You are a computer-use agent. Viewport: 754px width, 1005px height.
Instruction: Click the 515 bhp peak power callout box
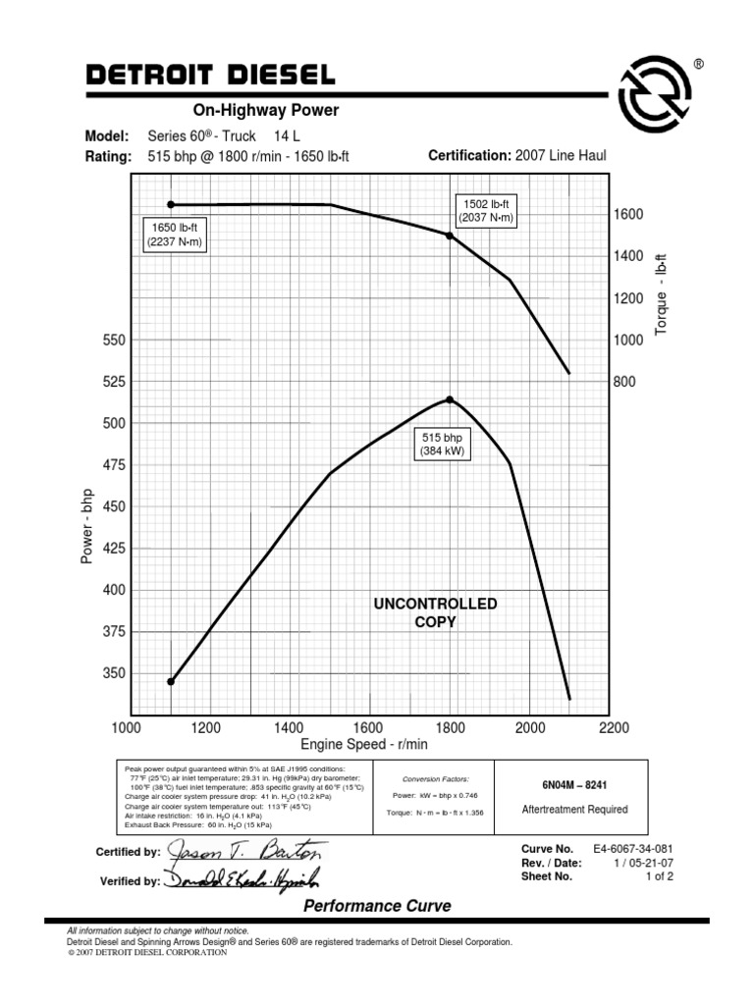[x=442, y=444]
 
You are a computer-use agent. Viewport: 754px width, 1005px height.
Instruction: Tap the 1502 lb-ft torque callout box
[x=485, y=210]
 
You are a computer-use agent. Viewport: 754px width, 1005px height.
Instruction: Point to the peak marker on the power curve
[x=450, y=399]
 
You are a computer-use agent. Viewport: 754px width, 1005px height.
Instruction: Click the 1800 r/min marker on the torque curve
[x=450, y=236]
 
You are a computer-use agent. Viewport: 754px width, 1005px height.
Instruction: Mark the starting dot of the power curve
[x=171, y=681]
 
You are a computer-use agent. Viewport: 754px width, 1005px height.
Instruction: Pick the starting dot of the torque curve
[x=171, y=204]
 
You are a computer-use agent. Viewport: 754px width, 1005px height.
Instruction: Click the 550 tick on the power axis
[x=100, y=341]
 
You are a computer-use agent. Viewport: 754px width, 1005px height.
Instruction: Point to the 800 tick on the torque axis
[x=625, y=382]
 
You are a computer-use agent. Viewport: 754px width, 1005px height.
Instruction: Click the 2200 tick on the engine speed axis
[x=613, y=728]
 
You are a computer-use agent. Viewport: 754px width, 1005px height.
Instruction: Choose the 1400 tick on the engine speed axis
[x=289, y=728]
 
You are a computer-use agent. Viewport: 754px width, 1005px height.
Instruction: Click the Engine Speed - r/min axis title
[x=364, y=744]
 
